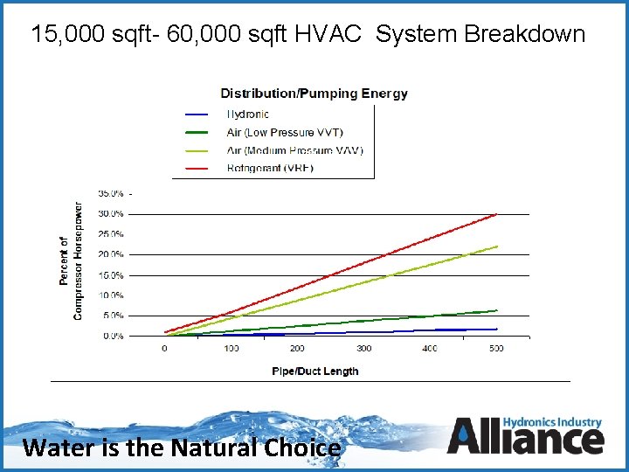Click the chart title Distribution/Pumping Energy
[x=314, y=94]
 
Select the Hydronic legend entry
[x=248, y=114]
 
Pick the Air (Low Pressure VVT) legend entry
[x=285, y=132]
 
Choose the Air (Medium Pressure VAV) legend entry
[x=294, y=149]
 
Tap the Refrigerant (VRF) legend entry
[x=270, y=168]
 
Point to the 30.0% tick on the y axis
[x=110, y=213]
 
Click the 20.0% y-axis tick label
[x=110, y=254]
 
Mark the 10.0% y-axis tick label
[x=110, y=295]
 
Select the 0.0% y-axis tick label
[x=113, y=336]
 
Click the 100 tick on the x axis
[x=231, y=349]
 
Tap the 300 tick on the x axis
[x=363, y=349]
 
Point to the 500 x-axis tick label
[x=496, y=349]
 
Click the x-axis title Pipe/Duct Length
[x=315, y=371]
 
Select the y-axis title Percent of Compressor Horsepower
[x=71, y=260]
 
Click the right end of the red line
[x=496, y=214]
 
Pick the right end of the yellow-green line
[x=496, y=246]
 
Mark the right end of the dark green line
[x=496, y=310]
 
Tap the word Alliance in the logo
[x=526, y=437]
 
